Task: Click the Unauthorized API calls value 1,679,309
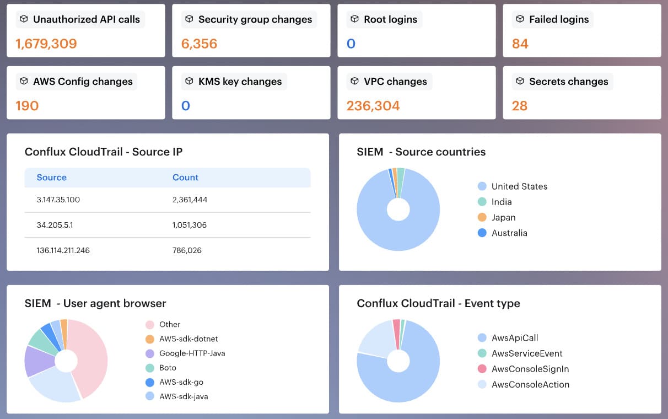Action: click(46, 44)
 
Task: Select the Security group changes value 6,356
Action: click(199, 44)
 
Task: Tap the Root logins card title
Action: click(390, 19)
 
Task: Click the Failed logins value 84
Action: click(520, 44)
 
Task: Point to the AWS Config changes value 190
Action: click(27, 106)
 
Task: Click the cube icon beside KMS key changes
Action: click(189, 81)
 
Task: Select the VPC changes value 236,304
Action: click(373, 106)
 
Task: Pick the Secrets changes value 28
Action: click(519, 106)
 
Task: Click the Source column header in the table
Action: click(51, 178)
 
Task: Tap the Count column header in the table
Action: click(185, 178)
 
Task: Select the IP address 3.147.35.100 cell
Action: click(58, 200)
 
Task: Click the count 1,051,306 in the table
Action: click(190, 225)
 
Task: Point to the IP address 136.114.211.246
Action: click(63, 250)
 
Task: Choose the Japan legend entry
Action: click(503, 217)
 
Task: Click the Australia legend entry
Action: click(509, 233)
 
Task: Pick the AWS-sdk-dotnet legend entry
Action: click(188, 339)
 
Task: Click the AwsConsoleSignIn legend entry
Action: click(530, 369)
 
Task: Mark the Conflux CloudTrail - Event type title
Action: click(438, 303)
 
